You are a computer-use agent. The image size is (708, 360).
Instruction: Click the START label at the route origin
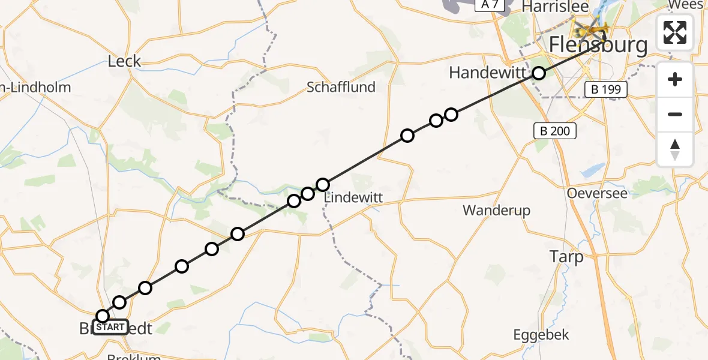(110, 327)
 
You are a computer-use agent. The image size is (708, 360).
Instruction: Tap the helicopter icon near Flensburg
(591, 28)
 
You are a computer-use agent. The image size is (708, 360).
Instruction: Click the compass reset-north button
(675, 149)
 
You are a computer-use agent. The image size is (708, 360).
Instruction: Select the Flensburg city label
(599, 46)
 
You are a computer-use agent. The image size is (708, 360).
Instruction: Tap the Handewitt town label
(487, 73)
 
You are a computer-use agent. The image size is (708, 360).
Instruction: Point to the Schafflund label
(341, 87)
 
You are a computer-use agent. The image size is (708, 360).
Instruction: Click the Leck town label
(124, 61)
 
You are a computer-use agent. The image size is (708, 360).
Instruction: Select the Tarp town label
(566, 257)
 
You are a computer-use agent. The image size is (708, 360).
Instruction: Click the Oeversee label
(597, 193)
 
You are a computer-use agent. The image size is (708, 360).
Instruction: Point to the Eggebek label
(542, 335)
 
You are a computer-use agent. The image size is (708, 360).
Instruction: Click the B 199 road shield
(606, 90)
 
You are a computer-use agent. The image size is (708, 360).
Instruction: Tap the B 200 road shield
(556, 131)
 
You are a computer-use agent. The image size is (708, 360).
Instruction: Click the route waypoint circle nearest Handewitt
(539, 73)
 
